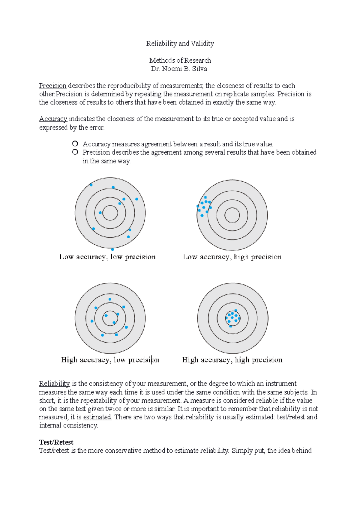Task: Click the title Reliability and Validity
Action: pos(180,43)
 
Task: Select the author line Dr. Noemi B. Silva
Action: pos(179,69)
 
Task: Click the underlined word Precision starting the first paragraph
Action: pos(52,86)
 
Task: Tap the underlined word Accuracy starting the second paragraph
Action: pos(53,119)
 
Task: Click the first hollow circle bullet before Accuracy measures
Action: pos(75,144)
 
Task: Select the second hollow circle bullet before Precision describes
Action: pos(75,152)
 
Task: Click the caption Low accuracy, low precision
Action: pos(108,257)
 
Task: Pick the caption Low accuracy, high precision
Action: pos(232,257)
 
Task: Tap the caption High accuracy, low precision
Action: pos(110,360)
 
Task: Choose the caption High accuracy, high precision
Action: pos(232,360)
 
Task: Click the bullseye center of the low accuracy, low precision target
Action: pos(110,213)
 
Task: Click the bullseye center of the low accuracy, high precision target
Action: pos(232,215)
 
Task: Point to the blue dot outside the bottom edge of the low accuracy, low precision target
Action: pos(112,249)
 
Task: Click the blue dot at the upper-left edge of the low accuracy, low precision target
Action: pos(91,185)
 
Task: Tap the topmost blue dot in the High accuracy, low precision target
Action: pos(110,299)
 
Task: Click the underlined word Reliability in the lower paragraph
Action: pos(54,384)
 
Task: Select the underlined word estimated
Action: pos(97,417)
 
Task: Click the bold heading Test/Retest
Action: pos(56,442)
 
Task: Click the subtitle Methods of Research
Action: pos(180,60)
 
